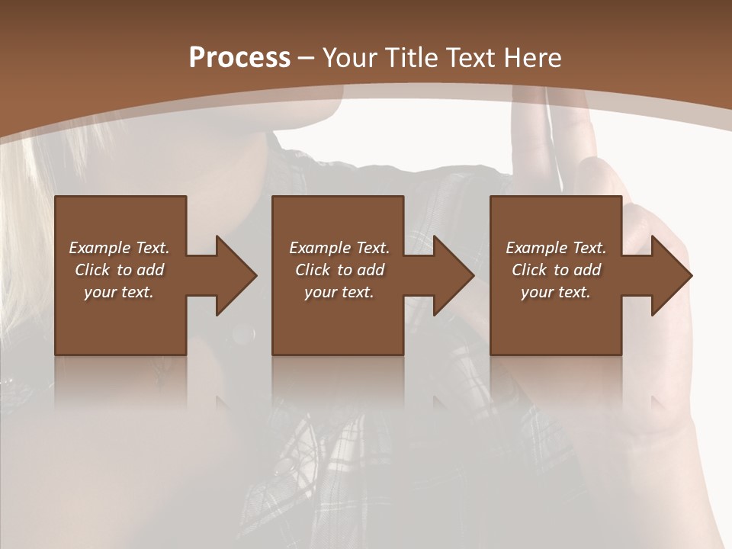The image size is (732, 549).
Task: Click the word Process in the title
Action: point(239,58)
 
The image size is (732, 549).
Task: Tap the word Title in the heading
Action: point(409,58)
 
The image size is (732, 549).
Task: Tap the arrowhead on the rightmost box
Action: point(670,275)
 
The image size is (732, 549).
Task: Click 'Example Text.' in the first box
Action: point(119,248)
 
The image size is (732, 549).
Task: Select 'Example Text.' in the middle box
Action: point(339,248)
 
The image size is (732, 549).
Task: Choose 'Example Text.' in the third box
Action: point(556,248)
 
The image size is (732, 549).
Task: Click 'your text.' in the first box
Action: point(119,292)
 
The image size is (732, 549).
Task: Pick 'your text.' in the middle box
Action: point(339,292)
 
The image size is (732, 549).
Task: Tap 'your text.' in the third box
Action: point(556,292)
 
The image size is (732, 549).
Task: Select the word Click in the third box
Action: point(530,270)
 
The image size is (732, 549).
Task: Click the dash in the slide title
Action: point(307,58)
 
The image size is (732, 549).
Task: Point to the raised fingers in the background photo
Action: point(534,130)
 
